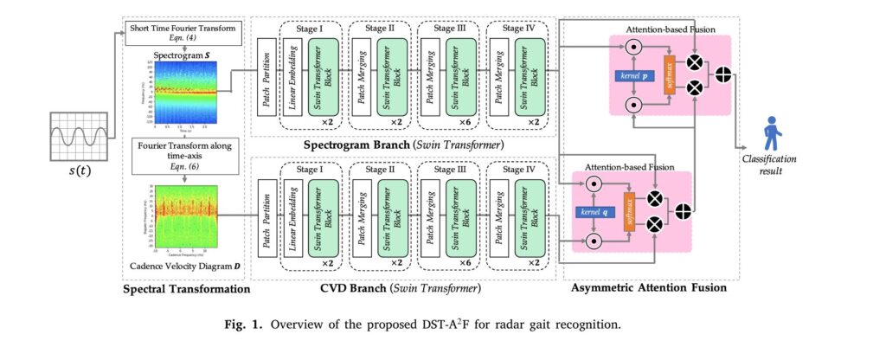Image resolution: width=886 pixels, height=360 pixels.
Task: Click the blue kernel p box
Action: pos(634,75)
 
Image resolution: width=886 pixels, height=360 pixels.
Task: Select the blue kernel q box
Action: pos(594,211)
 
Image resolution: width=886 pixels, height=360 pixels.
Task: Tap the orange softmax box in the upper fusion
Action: pos(669,74)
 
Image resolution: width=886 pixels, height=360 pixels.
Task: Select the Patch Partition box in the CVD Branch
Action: pos(267,215)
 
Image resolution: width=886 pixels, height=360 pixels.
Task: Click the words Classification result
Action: pos(767,165)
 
